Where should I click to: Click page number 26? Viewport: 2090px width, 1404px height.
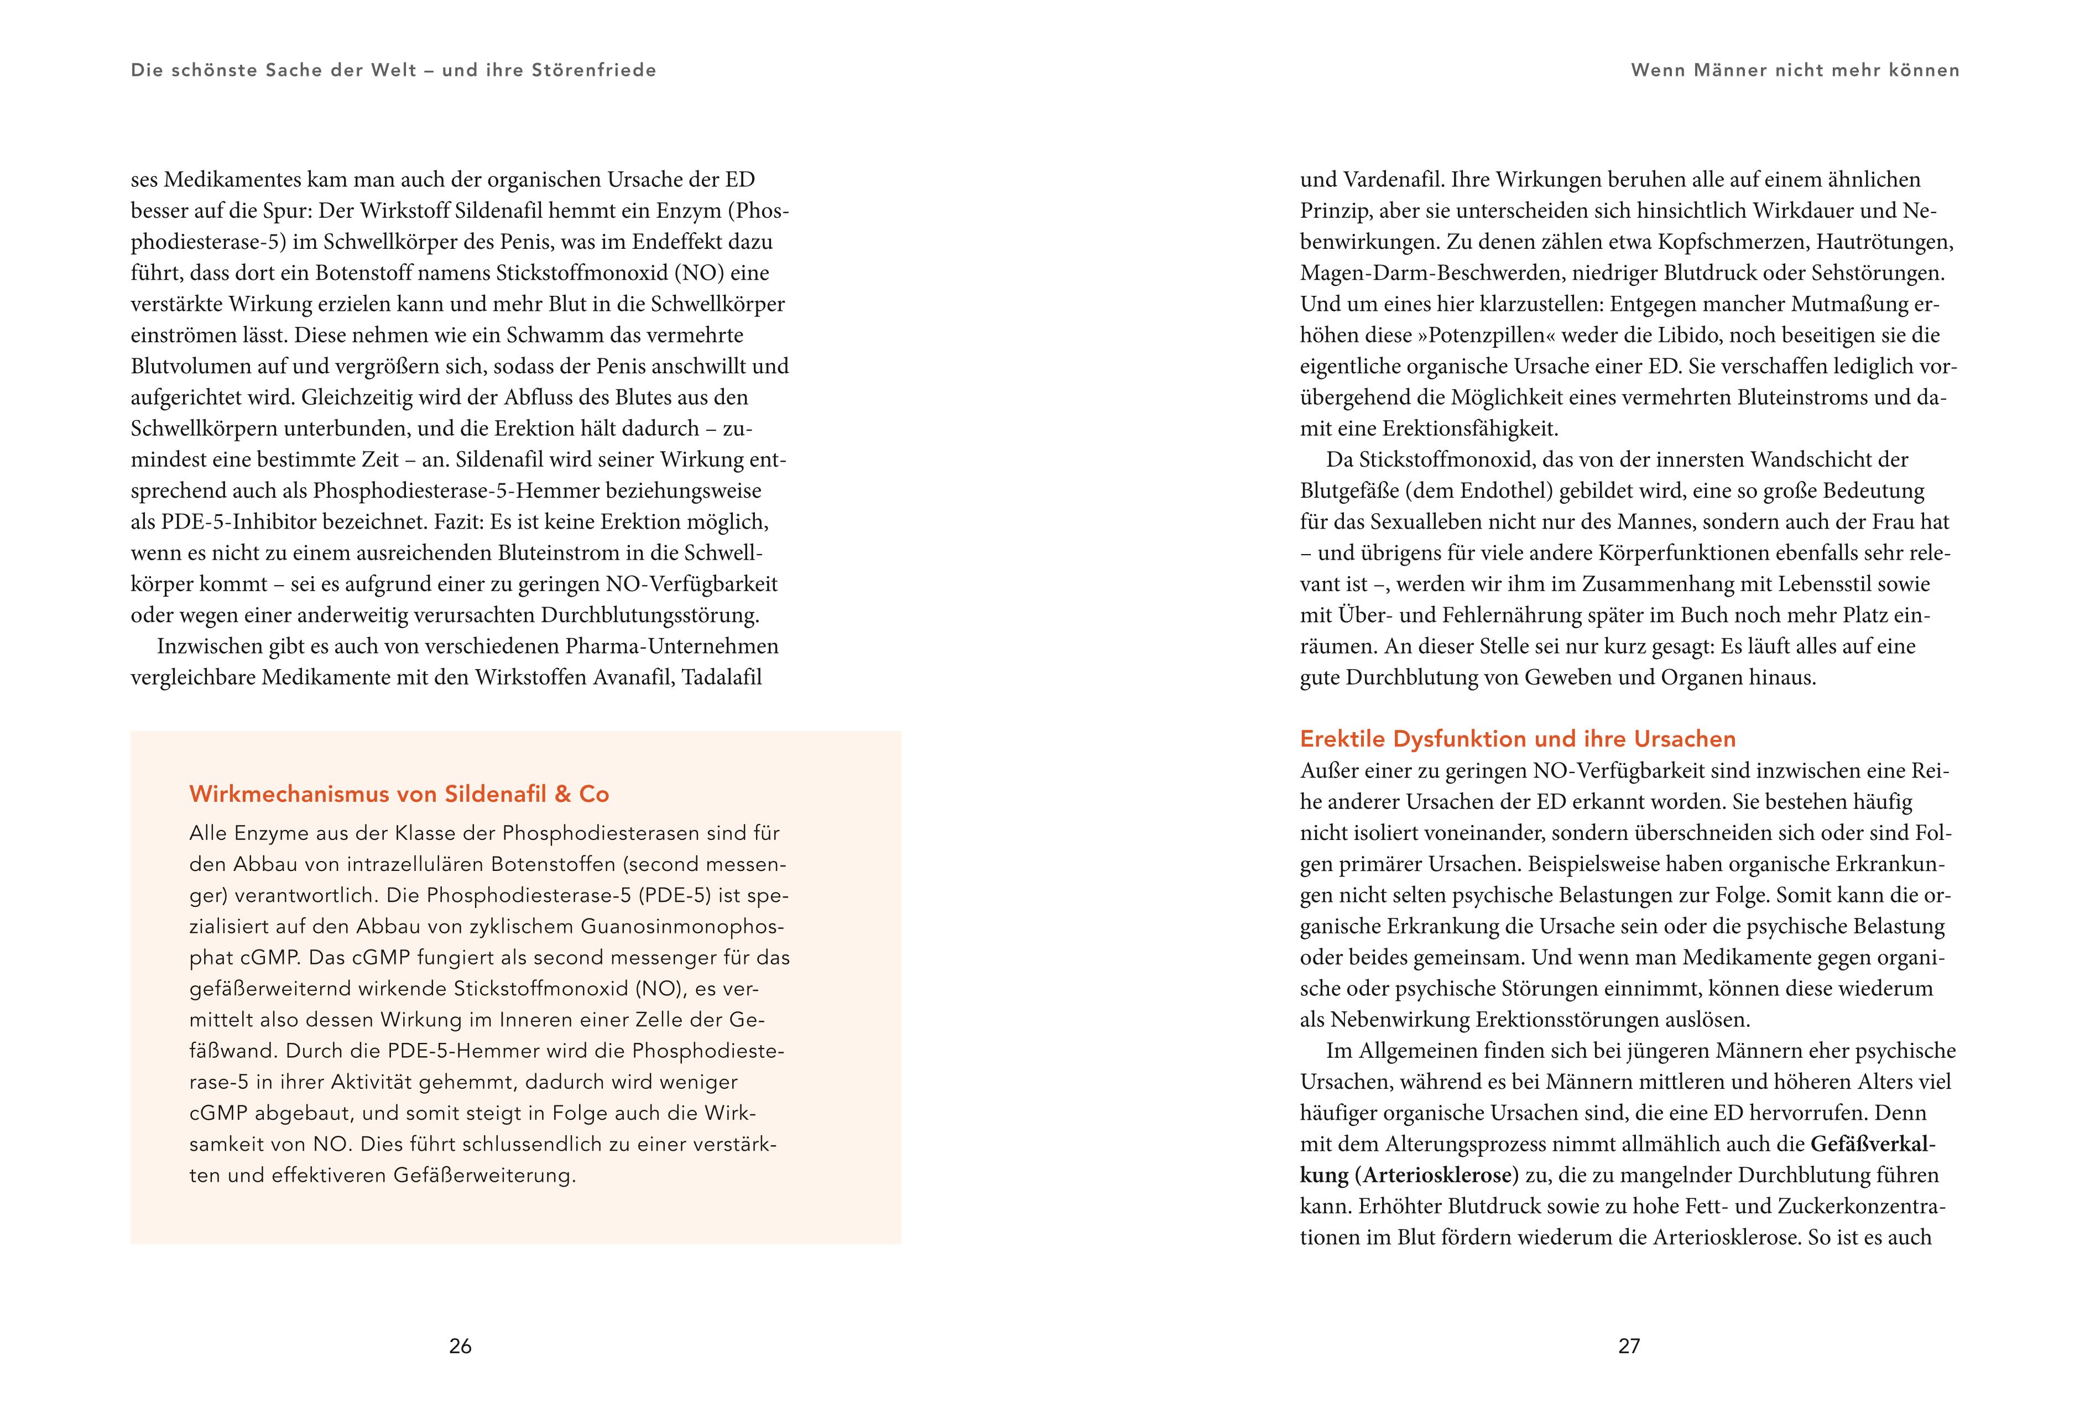[460, 1346]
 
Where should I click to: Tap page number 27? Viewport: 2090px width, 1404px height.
[1629, 1346]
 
